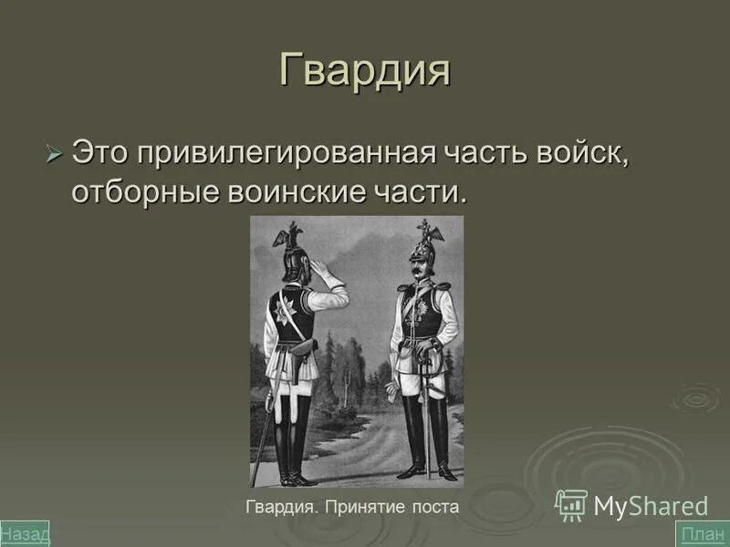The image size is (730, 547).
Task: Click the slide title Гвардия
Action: tap(364, 71)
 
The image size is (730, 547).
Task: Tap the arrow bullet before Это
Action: tap(54, 152)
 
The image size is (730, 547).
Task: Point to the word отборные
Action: tap(146, 194)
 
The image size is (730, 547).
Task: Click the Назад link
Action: tap(25, 533)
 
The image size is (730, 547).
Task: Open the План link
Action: tap(702, 533)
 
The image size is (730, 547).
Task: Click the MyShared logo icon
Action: tap(571, 504)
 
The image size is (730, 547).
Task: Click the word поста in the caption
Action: tap(433, 507)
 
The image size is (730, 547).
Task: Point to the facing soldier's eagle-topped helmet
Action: tap(425, 244)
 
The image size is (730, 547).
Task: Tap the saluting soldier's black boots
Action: tap(292, 442)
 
